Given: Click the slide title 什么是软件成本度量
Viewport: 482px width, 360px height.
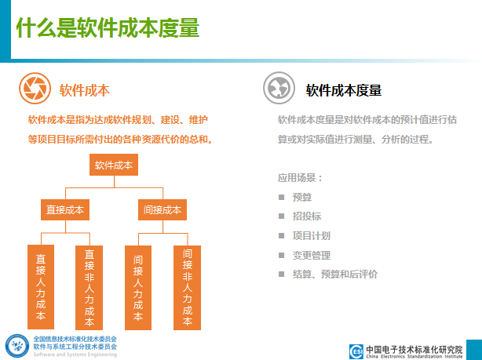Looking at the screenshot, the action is tap(108, 27).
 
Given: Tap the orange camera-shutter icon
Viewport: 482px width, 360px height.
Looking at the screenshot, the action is tap(35, 89).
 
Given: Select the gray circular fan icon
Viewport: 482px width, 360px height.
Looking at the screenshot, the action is tap(279, 88).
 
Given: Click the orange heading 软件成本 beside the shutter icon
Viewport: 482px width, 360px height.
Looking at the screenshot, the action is tap(85, 90).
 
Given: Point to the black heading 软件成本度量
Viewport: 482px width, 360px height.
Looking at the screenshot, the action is tap(344, 90).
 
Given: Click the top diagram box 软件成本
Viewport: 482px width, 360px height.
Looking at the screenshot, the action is tap(114, 165).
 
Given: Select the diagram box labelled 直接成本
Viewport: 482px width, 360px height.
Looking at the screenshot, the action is tap(65, 209).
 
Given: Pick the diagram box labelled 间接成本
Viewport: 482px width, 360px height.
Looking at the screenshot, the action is tap(162, 209).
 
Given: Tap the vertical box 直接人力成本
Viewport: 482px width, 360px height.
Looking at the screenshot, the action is tap(41, 287).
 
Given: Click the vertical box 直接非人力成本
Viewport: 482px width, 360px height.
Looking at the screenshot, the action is tap(89, 288).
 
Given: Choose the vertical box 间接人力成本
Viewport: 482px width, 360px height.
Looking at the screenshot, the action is tap(138, 288).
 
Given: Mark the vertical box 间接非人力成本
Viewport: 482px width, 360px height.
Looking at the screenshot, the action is tap(187, 288).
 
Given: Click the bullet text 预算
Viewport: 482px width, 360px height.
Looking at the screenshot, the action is tap(302, 197).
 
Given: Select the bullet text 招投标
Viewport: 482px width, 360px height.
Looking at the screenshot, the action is tap(307, 216).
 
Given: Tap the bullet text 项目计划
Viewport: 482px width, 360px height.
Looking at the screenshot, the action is tap(312, 236).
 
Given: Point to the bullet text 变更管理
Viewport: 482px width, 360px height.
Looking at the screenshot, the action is tap(312, 255).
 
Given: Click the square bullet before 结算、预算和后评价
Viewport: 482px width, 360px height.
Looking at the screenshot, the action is tap(281, 274).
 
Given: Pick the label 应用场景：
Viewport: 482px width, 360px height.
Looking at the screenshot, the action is tap(300, 177).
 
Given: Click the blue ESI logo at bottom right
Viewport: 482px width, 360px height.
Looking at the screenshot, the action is tap(356, 351).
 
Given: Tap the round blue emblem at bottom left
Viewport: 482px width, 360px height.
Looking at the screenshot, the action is tap(17, 346).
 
